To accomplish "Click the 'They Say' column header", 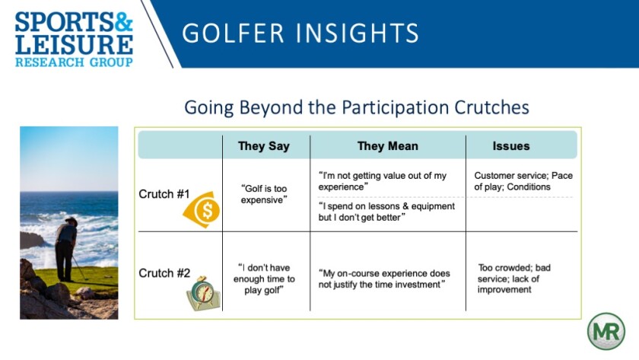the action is tap(264, 146).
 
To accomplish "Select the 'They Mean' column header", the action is tap(387, 146).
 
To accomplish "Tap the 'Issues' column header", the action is tap(511, 146).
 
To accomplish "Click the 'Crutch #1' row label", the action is tap(164, 194).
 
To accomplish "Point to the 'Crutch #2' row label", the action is tap(164, 273).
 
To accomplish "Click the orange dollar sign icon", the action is tap(202, 209).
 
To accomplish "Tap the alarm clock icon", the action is tap(203, 293).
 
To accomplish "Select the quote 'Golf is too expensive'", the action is tap(264, 194).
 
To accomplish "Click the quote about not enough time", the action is tap(264, 279).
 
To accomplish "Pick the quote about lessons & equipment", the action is tap(386, 212).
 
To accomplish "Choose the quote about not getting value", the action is tap(382, 181).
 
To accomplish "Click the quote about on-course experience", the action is tap(384, 279).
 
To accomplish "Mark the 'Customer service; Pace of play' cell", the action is tap(523, 181).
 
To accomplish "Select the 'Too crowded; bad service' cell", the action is tap(514, 279).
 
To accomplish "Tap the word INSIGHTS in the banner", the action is tap(358, 33).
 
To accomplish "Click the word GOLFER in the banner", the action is tap(233, 33).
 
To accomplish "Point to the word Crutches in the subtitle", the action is tap(491, 107).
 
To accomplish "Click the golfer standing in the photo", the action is tap(66, 250).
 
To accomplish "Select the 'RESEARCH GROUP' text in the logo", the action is tap(74, 62).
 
